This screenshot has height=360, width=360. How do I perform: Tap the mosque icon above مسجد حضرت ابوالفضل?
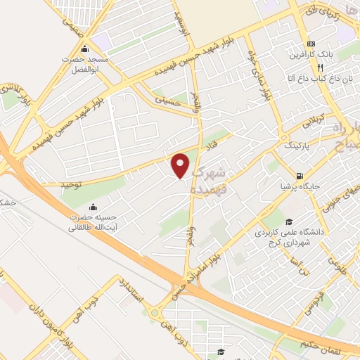tap(85, 49)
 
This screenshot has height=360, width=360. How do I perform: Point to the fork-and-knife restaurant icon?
tap(321, 68)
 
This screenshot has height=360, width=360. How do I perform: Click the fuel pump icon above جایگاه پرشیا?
tap(300, 176)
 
